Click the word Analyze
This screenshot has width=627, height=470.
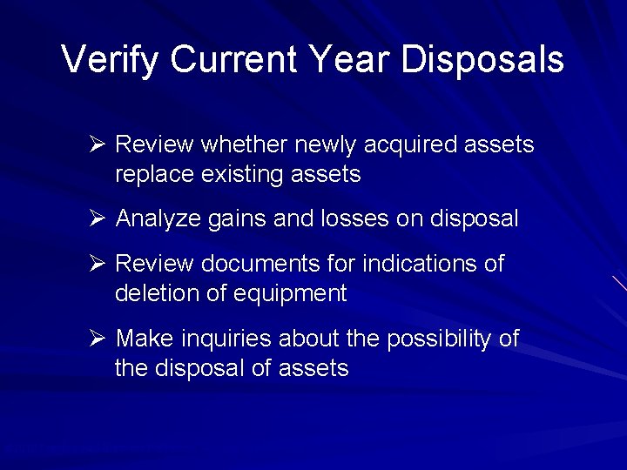pos(158,218)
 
